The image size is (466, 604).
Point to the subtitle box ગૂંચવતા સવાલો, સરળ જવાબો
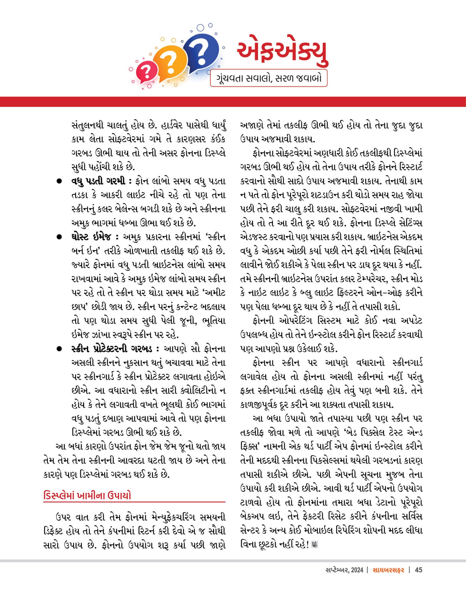click(269, 78)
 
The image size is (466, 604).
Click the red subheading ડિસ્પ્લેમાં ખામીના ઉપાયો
click(87, 495)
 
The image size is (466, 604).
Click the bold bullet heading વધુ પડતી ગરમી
click(98, 181)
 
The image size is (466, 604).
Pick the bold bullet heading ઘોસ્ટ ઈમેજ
click(91, 237)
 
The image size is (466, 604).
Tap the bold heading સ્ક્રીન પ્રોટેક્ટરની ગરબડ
click(112, 349)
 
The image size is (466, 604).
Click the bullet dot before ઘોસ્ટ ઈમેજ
click(59, 237)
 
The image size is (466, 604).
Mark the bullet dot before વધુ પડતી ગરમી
click(59, 181)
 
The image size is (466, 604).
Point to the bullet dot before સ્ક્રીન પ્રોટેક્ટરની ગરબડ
click(59, 349)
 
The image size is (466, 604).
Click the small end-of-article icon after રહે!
click(314, 544)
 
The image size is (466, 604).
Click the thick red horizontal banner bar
click(233, 102)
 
